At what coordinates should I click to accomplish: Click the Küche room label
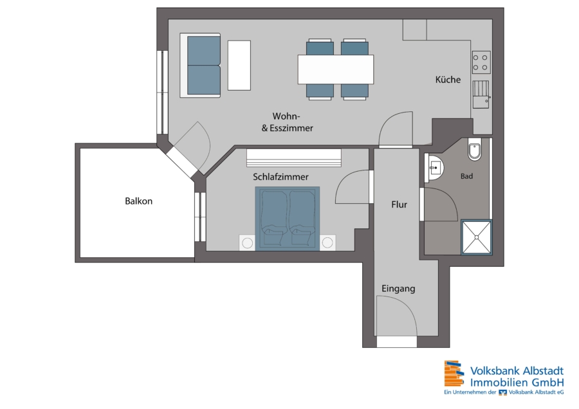[x=448, y=79]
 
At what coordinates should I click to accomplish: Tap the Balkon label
[x=138, y=201]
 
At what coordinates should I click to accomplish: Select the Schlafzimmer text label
[x=280, y=177]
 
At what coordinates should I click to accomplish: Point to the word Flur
[x=399, y=204]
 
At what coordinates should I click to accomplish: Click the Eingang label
[x=398, y=289]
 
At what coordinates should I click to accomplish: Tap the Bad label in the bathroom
[x=467, y=176]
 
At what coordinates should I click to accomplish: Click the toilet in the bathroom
[x=475, y=149]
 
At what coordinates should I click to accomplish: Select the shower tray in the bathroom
[x=477, y=237]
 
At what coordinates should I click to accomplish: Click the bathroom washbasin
[x=434, y=168]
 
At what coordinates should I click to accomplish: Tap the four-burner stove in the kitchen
[x=481, y=62]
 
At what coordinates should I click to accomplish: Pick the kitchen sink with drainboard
[x=481, y=95]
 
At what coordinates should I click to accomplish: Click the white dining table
[x=336, y=69]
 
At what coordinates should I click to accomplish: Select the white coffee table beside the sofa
[x=239, y=66]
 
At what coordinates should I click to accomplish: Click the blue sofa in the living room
[x=201, y=66]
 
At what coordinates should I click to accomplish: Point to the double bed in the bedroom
[x=288, y=219]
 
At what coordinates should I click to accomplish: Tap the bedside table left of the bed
[x=247, y=242]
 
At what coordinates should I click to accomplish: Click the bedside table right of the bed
[x=327, y=242]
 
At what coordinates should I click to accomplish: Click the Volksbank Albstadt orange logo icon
[x=454, y=374]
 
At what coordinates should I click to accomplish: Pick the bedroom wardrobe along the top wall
[x=294, y=158]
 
